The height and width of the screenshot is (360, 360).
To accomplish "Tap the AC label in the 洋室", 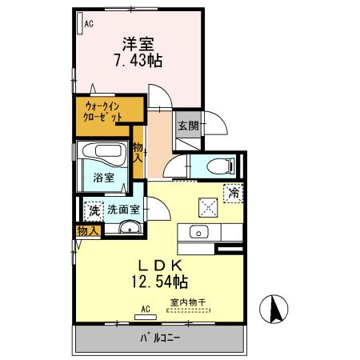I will [88, 24].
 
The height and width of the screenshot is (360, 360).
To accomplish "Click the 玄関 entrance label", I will [188, 125].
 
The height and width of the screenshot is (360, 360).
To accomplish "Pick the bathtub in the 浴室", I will [101, 152].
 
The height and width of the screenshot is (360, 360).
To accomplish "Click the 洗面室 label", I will [124, 210].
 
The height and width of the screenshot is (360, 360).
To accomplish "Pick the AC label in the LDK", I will [146, 308].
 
